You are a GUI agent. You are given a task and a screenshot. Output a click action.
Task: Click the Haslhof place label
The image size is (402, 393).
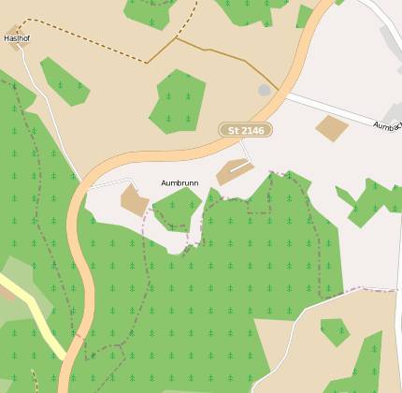(x=18, y=38)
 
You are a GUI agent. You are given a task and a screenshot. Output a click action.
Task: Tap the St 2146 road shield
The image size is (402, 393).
(x=245, y=130)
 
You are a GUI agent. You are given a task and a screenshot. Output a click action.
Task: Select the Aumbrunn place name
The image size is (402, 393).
(x=180, y=183)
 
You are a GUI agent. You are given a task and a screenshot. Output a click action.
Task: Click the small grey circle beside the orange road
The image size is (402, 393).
(x=265, y=90)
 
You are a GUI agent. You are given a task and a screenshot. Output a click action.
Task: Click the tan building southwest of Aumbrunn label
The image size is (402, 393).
(x=134, y=200)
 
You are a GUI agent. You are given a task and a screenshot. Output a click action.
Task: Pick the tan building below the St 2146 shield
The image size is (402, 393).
(x=234, y=171)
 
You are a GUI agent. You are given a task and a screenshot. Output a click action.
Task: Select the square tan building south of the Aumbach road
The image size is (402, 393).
(x=332, y=128)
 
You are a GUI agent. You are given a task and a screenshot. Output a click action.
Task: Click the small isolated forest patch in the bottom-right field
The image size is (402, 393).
(x=335, y=331)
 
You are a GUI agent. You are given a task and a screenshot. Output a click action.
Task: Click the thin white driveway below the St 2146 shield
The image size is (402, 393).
(x=246, y=151)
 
